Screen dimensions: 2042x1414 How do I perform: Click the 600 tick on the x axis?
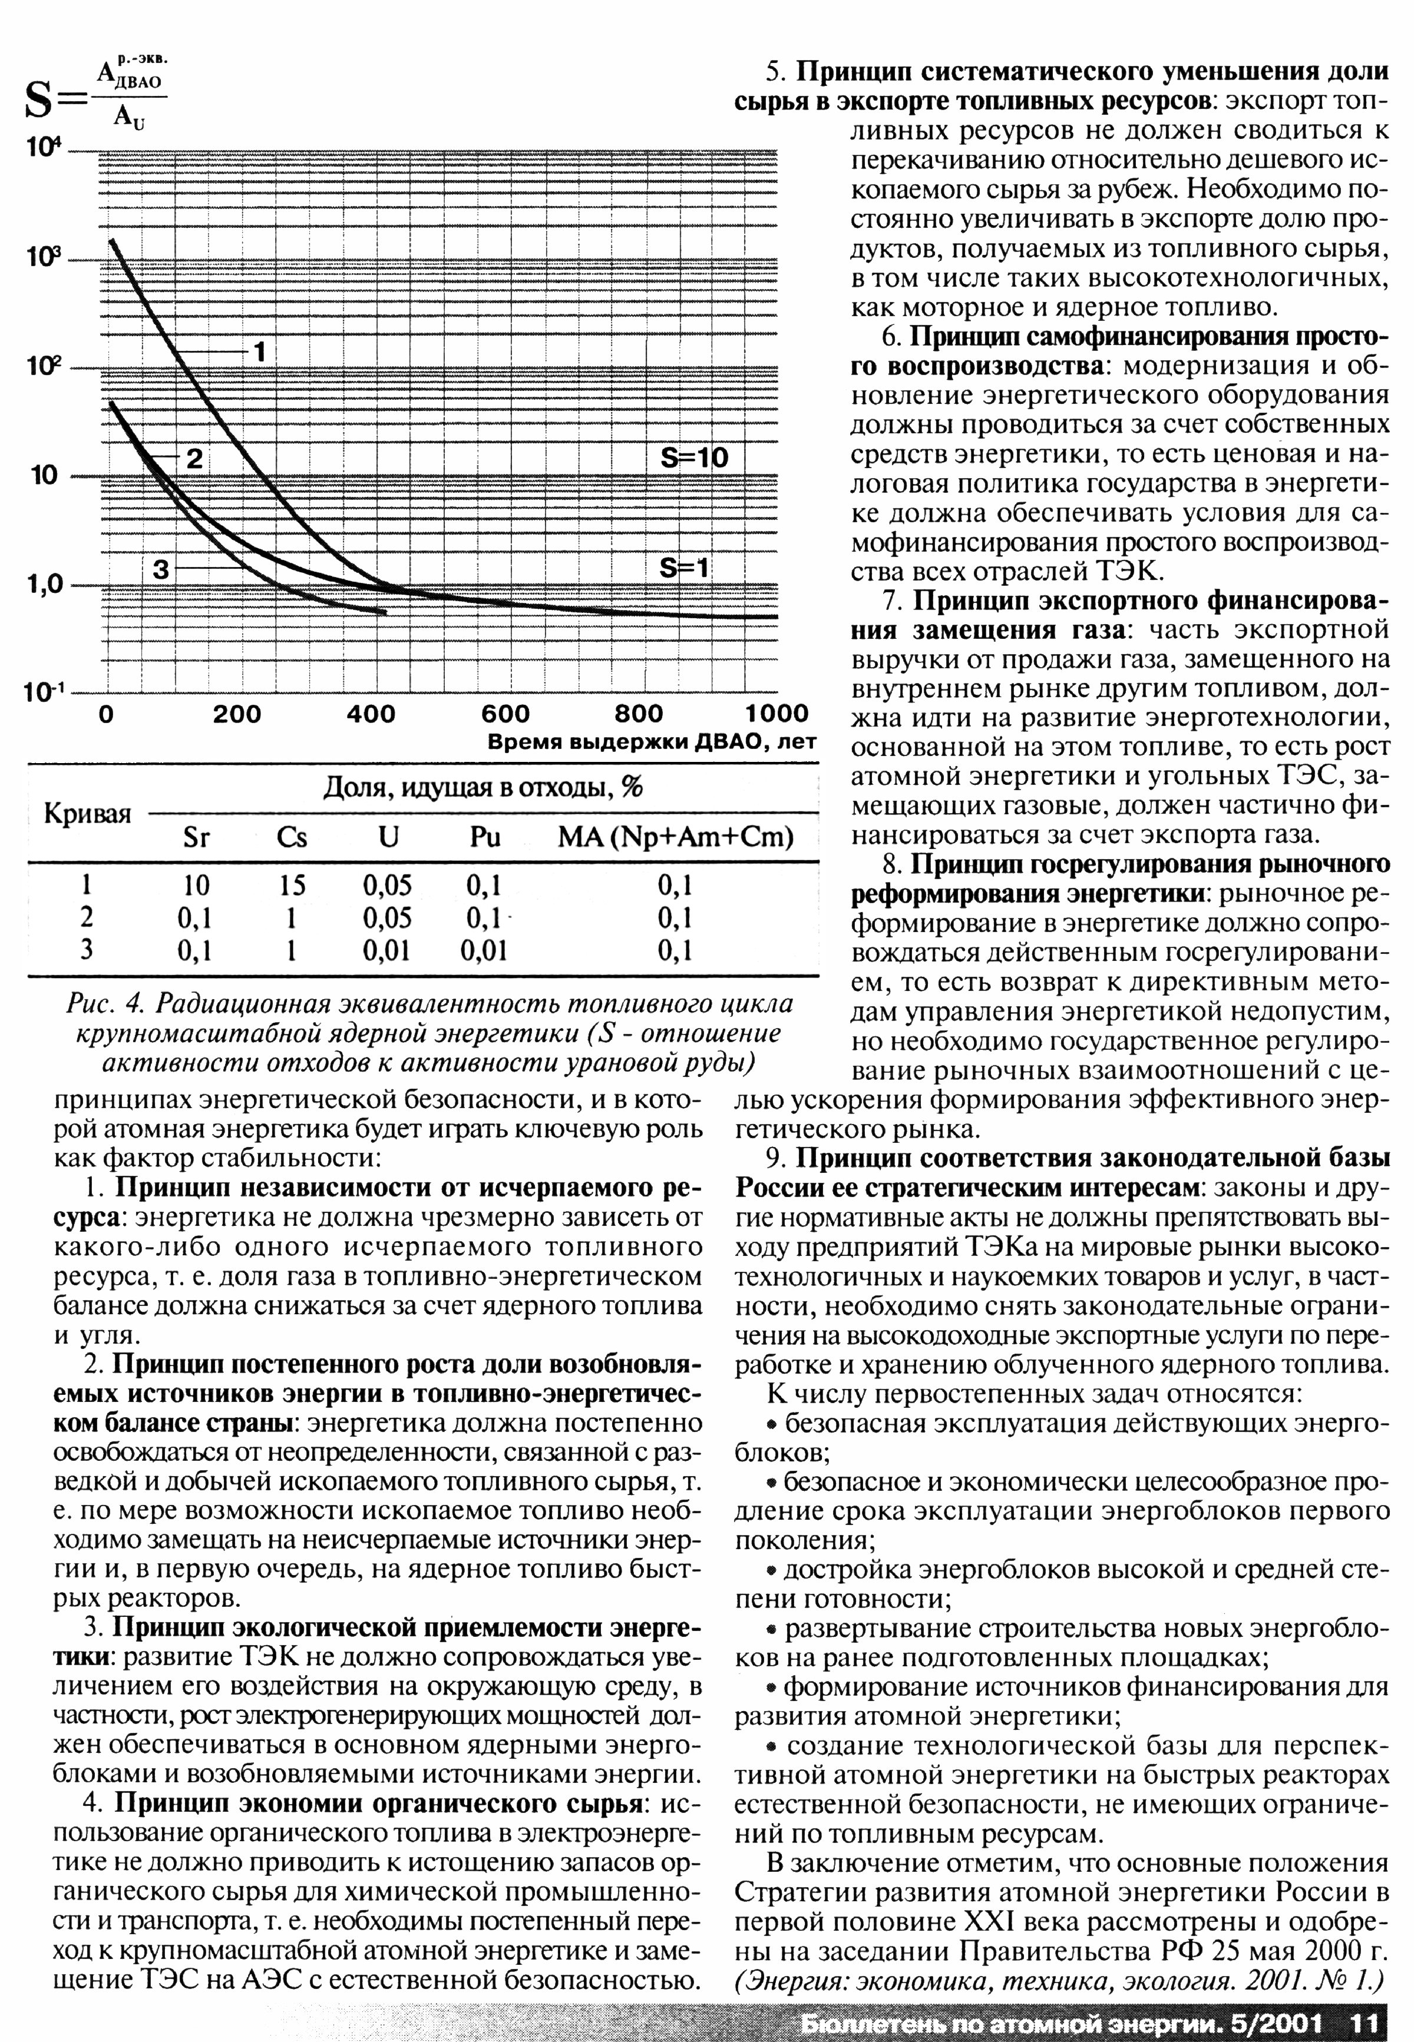(505, 714)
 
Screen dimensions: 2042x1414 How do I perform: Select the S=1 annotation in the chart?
(685, 568)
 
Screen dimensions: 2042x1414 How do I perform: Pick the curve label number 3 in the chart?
(160, 569)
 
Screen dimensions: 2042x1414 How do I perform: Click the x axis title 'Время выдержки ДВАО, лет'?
(651, 742)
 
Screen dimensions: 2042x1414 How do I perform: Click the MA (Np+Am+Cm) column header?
(675, 837)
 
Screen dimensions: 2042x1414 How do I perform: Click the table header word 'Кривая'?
(88, 814)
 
